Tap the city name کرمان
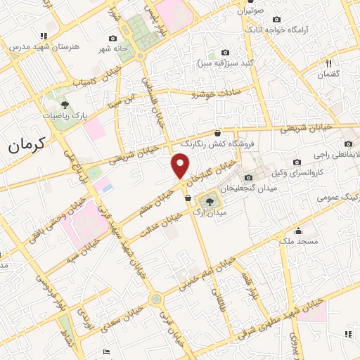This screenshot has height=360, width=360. click(x=27, y=146)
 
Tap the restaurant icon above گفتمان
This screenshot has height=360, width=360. click(x=329, y=63)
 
